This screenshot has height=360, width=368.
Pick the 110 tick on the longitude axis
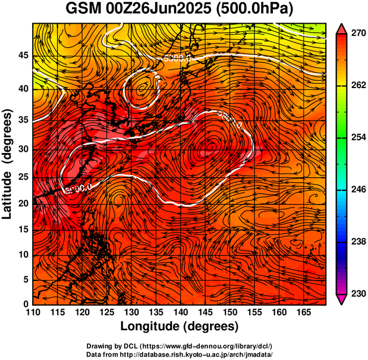click(x=33, y=312)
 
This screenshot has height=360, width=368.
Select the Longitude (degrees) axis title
click(x=179, y=326)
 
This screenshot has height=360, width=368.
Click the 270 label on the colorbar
click(x=358, y=33)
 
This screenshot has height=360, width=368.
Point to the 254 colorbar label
click(x=358, y=137)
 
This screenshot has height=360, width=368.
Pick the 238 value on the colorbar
click(x=358, y=242)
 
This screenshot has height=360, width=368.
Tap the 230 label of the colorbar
click(x=358, y=293)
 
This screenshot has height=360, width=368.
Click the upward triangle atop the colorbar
click(x=342, y=28)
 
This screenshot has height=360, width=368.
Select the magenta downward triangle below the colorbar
click(x=342, y=299)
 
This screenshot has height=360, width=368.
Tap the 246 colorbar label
click(x=358, y=189)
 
